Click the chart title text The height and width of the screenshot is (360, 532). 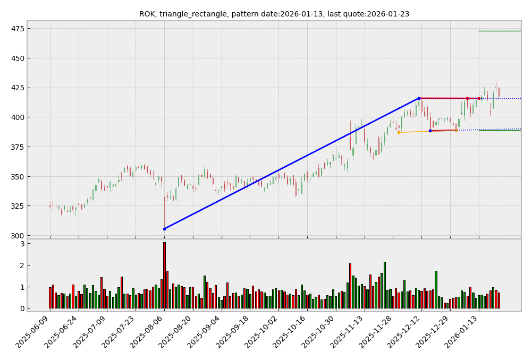point(274,14)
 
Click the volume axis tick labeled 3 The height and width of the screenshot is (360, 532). point(22,244)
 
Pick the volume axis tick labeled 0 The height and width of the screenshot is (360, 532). point(22,308)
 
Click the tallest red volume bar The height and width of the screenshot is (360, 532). point(164,275)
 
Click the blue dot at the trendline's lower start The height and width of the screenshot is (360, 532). point(164,229)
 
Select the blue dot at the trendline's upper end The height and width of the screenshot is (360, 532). point(419,98)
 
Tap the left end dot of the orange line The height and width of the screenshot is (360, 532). point(399,132)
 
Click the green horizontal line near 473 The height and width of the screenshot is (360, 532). point(500,31)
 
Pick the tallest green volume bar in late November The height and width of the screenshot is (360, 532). point(385,285)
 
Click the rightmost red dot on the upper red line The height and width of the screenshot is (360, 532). point(479,98)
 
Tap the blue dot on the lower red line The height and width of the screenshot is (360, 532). point(430,131)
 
